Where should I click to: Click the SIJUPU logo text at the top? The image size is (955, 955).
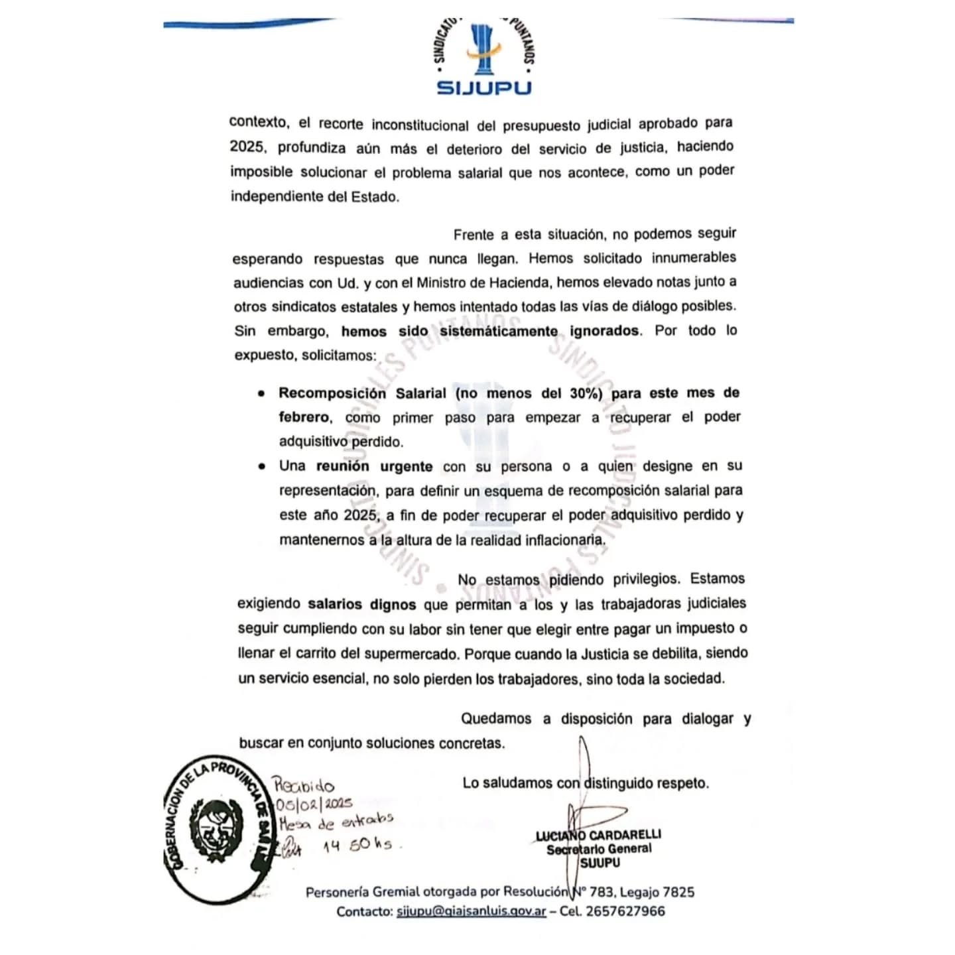pos(484,88)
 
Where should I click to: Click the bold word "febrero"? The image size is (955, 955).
pos(304,417)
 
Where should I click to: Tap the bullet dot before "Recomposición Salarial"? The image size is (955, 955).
pos(262,393)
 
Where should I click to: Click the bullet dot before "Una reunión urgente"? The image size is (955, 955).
pos(262,466)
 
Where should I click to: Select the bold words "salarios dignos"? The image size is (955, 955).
pos(361,604)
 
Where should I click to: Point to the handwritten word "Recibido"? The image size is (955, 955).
pos(304,786)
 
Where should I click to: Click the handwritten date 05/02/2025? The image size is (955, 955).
pos(314,804)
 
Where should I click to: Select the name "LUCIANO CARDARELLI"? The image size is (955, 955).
pos(599,835)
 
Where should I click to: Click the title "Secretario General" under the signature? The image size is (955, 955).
pos(599,849)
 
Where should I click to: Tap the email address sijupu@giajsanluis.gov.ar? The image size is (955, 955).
pos(471,911)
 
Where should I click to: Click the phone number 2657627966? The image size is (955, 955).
pos(625,911)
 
